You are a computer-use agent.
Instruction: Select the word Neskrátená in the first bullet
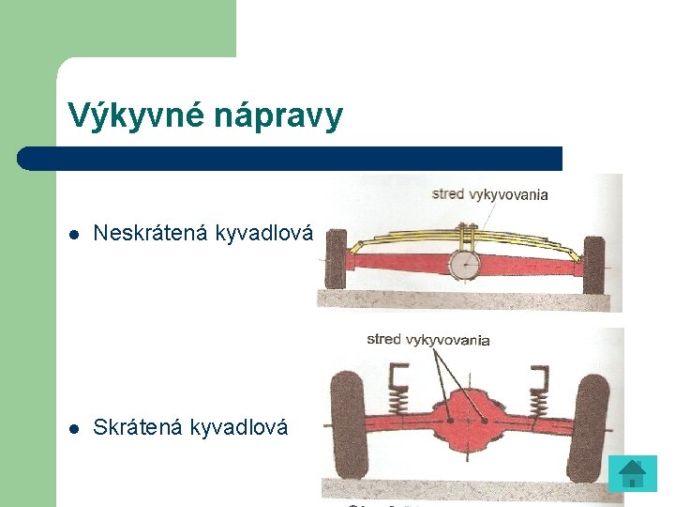point(151,233)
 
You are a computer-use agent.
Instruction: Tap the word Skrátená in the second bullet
point(138,427)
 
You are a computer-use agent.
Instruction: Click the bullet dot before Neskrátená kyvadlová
point(74,234)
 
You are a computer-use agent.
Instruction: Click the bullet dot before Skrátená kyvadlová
point(74,428)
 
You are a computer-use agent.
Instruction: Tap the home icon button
point(632,472)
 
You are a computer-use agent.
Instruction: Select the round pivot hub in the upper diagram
point(462,267)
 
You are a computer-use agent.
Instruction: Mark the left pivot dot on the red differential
point(451,422)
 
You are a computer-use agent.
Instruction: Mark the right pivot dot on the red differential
point(484,422)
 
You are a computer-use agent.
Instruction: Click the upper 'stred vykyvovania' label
point(489,195)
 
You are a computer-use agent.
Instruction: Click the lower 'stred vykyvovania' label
point(427,339)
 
